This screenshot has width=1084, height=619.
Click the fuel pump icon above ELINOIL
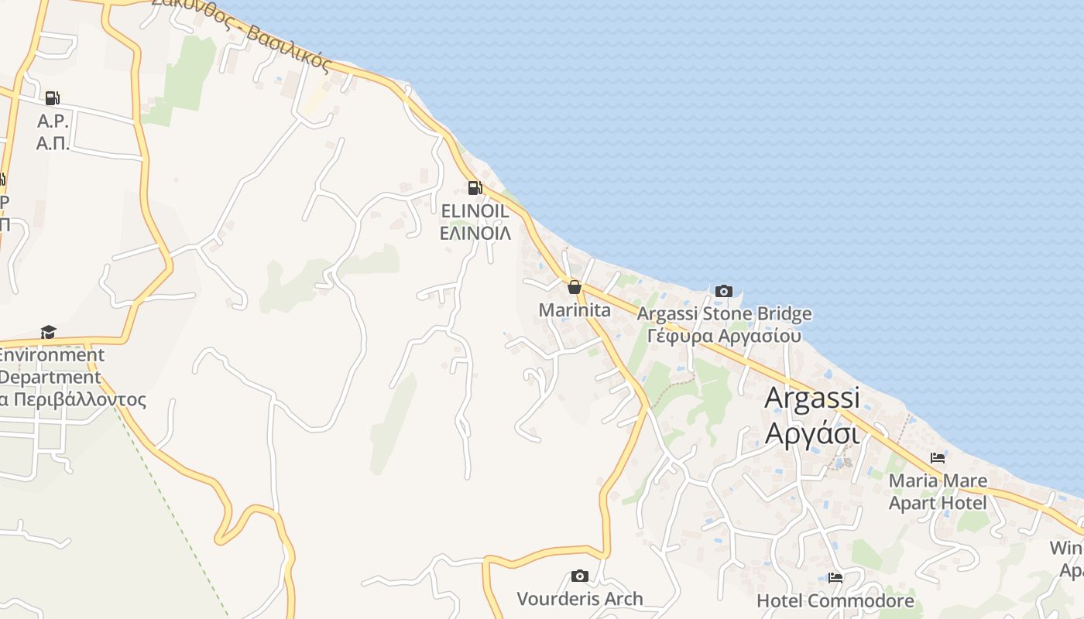pyautogui.click(x=475, y=187)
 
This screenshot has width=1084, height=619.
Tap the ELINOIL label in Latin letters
pyautogui.click(x=475, y=211)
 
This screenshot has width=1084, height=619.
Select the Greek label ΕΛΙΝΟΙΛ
pyautogui.click(x=475, y=233)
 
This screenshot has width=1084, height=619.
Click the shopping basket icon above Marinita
pyautogui.click(x=575, y=287)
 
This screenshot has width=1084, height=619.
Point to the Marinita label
pyautogui.click(x=575, y=311)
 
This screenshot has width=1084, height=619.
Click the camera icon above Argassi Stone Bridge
pyautogui.click(x=724, y=291)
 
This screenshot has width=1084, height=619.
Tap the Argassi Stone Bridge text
pyautogui.click(x=724, y=314)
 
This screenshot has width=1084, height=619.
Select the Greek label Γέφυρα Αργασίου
pyautogui.click(x=724, y=337)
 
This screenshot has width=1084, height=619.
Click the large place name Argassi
pyautogui.click(x=812, y=398)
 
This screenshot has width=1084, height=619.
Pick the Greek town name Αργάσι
pyautogui.click(x=812, y=433)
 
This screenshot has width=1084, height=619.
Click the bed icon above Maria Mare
pyautogui.click(x=938, y=457)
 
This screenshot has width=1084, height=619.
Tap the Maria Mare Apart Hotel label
pyautogui.click(x=938, y=492)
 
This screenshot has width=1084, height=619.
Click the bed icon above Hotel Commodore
pyautogui.click(x=835, y=577)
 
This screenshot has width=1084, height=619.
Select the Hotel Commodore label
pyautogui.click(x=835, y=600)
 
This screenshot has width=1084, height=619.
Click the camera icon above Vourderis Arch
pyautogui.click(x=579, y=576)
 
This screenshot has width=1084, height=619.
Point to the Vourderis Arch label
pyautogui.click(x=579, y=599)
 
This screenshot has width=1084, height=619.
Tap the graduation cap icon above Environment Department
pyautogui.click(x=49, y=332)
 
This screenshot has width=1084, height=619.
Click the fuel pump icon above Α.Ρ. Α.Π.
pyautogui.click(x=52, y=98)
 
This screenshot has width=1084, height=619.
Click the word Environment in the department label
pyautogui.click(x=51, y=356)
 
